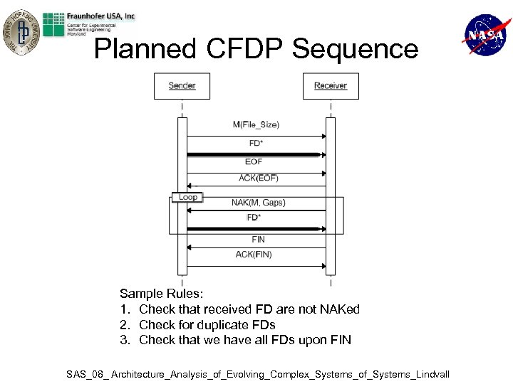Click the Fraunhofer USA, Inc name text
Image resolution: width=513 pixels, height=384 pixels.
pyautogui.click(x=102, y=16)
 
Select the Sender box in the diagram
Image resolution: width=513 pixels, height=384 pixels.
pyautogui.click(x=182, y=86)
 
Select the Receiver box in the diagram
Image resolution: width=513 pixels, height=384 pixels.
pyautogui.click(x=331, y=86)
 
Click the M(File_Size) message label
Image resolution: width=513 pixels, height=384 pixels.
pyautogui.click(x=256, y=124)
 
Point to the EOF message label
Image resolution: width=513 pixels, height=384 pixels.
pyautogui.click(x=254, y=162)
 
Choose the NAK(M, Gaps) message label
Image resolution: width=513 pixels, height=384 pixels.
pyautogui.click(x=258, y=203)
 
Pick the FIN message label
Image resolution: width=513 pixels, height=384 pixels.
pyautogui.click(x=258, y=240)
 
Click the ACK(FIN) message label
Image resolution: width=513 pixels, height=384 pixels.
pyautogui.click(x=254, y=255)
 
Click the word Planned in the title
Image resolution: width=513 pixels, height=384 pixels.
pyautogui.click(x=145, y=49)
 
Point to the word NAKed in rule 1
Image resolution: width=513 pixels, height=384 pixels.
pyautogui.click(x=337, y=309)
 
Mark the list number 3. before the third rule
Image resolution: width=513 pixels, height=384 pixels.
pyautogui.click(x=125, y=340)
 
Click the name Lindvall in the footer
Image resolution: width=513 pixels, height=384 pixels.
pyautogui.click(x=427, y=374)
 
